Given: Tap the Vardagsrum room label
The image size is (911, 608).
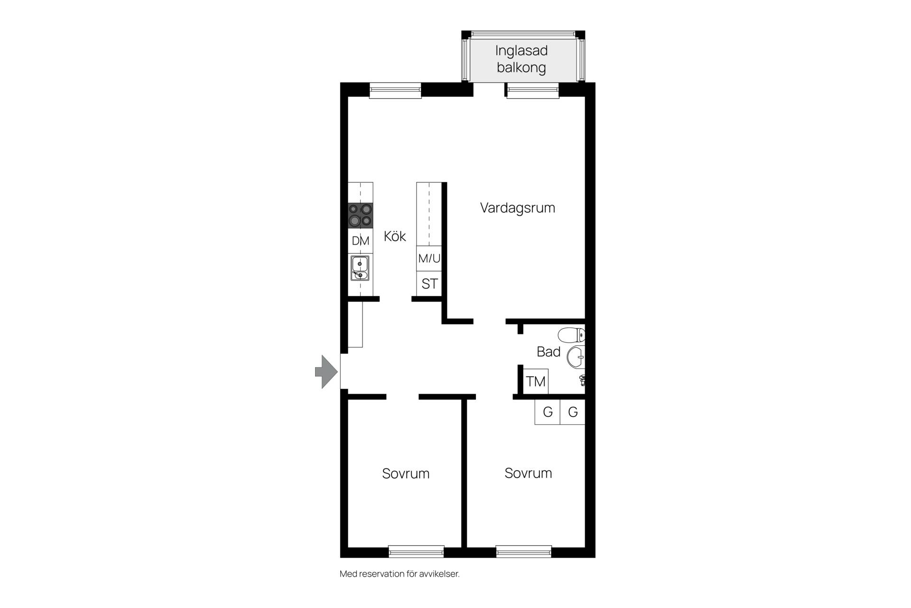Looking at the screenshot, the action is tap(517, 208).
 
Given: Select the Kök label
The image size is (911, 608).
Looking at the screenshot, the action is tap(395, 236).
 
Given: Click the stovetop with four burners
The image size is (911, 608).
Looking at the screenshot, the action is tap(360, 215).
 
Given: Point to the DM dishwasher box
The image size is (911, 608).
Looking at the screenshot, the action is tap(361, 241).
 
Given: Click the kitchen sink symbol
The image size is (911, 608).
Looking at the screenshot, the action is tap(360, 268).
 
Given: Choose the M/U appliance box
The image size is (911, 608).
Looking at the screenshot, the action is tap(429, 258).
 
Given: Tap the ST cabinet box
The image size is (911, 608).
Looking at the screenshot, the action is tap(429, 284).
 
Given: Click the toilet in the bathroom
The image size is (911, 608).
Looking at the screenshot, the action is tap(571, 335).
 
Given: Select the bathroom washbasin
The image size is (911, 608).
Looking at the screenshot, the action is tap(576, 357).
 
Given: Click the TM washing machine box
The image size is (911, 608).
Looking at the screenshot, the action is tap(536, 381).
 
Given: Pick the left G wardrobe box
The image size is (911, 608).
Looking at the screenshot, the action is tap(548, 412).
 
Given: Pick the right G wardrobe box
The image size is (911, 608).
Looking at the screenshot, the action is tap(573, 412).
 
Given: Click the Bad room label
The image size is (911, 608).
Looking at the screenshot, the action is tap(548, 352).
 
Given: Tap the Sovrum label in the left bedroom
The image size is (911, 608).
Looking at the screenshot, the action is tap(406, 474).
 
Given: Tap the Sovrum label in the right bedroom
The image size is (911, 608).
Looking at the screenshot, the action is tap(528, 473).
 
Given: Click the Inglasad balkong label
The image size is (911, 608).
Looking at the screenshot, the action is tap(521, 59).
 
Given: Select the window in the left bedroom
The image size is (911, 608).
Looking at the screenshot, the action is tap(417, 551).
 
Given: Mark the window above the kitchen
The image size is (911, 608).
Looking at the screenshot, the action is tap(395, 90).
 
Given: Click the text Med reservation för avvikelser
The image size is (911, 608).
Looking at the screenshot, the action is tap(400, 574).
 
